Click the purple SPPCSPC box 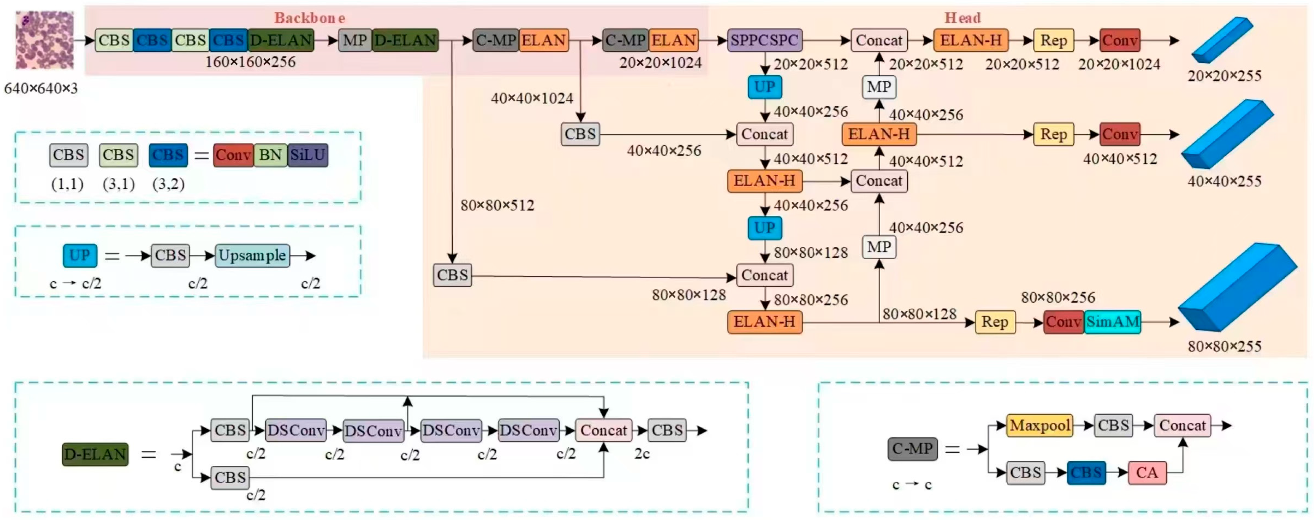point(764,40)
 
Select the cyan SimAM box point(1113,322)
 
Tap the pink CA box point(1147,472)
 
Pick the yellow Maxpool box point(1040,426)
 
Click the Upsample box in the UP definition point(252,255)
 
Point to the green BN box point(270,155)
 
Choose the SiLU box point(308,155)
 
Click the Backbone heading point(310,18)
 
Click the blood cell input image point(44,40)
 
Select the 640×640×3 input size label point(41,88)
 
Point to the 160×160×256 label point(250,62)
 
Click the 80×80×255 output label point(1224,347)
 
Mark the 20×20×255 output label point(1224,76)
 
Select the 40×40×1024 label point(532,98)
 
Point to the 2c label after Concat point(642,454)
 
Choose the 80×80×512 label point(497,205)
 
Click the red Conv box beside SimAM point(1063,322)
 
